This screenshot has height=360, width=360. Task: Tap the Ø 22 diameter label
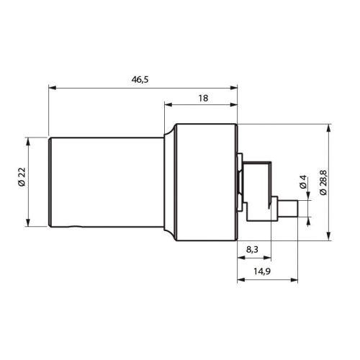pos(22,177)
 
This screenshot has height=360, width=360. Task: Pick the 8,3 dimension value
pos(253,248)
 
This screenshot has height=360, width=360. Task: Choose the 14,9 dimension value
pos(262,271)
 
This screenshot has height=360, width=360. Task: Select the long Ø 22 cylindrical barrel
pos(104,180)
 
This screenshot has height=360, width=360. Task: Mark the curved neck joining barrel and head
pos(169,180)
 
